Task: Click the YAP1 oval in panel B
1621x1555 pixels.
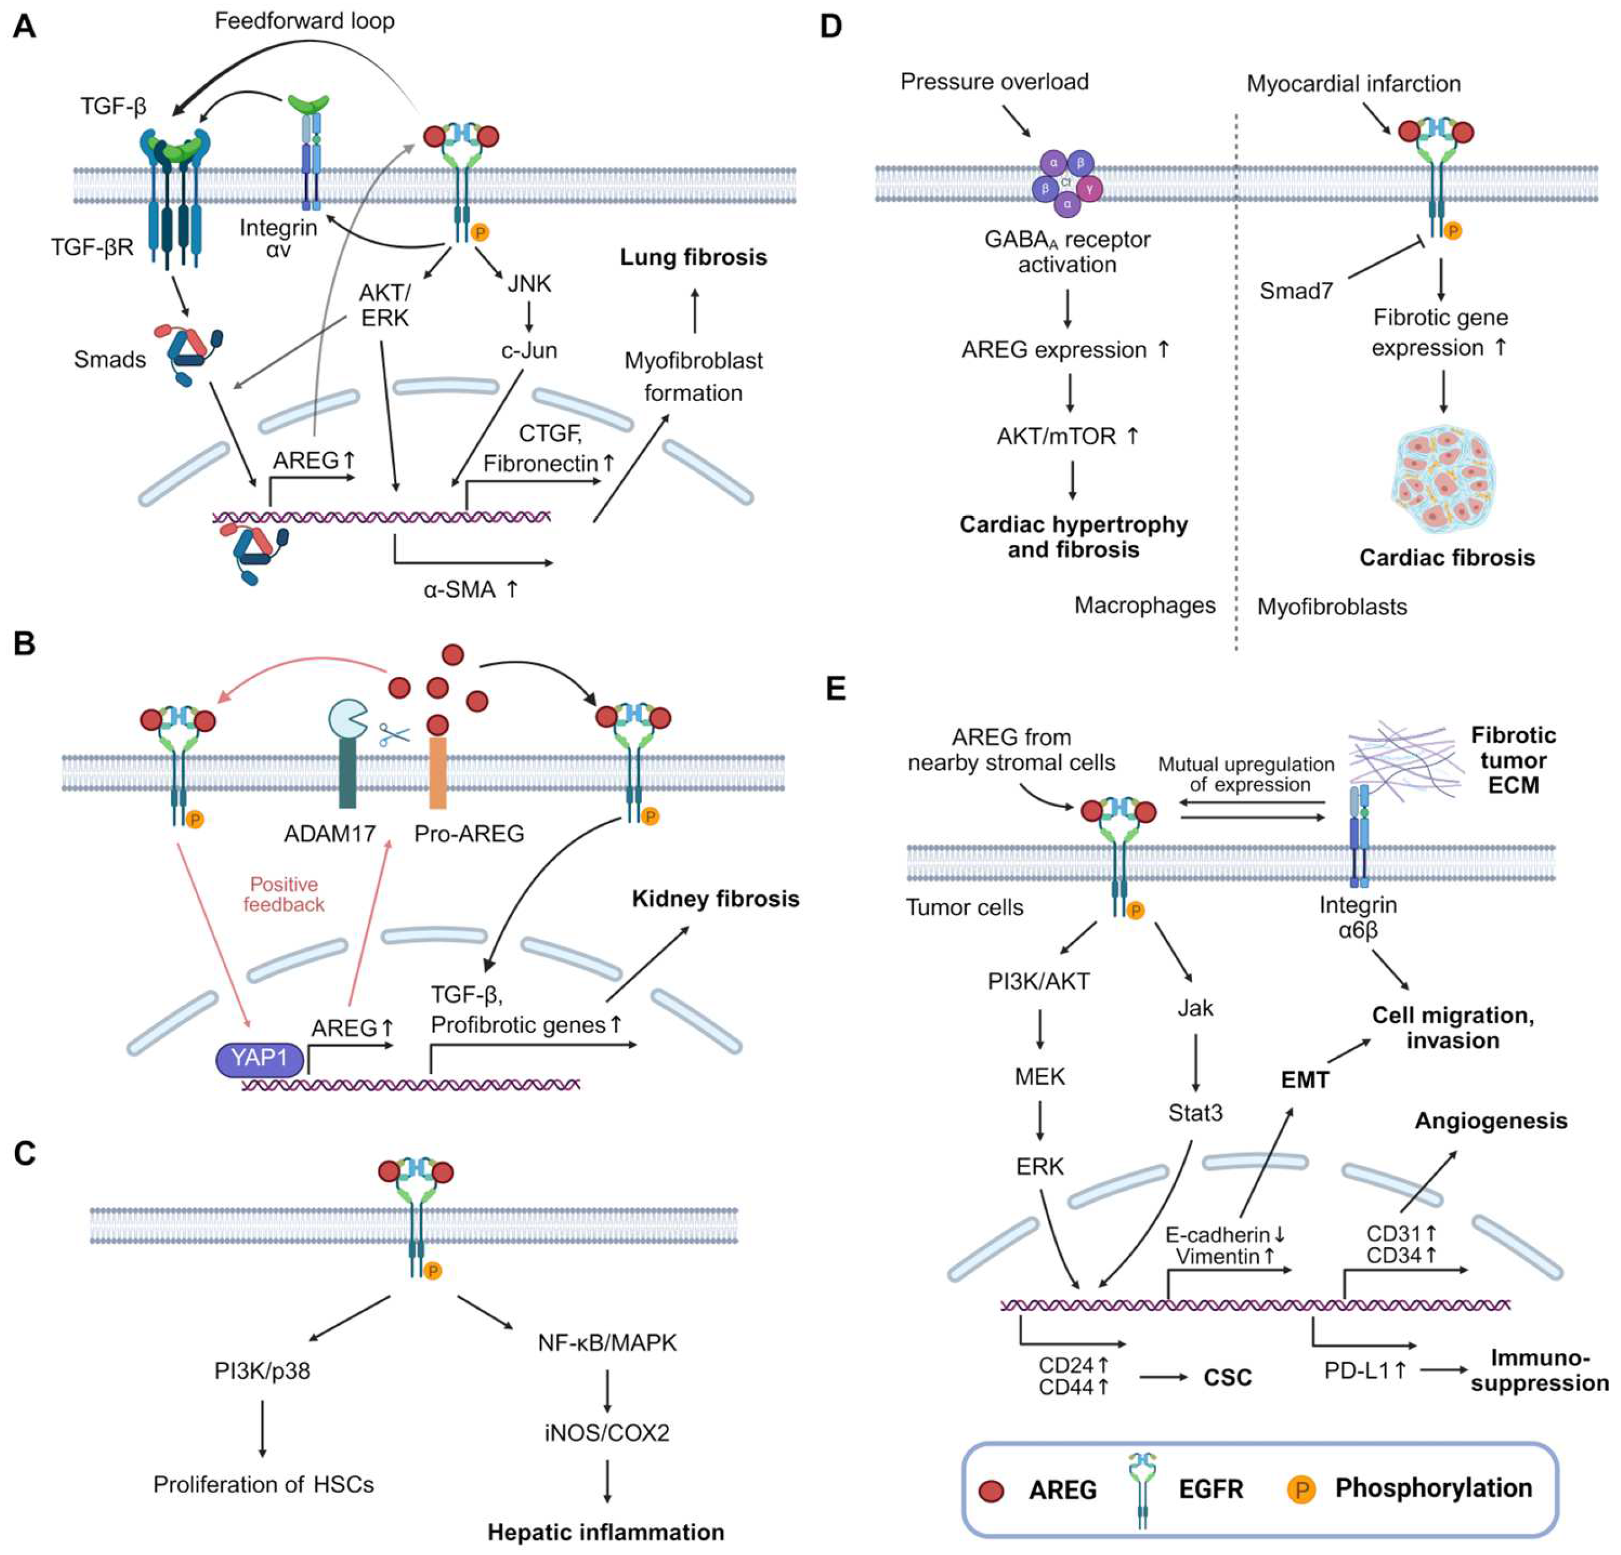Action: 258,1059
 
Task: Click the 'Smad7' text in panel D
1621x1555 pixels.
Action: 1295,291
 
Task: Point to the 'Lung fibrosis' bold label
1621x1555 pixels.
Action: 693,257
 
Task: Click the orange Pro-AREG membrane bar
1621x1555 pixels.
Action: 438,772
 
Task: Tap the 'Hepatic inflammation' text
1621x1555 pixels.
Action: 605,1532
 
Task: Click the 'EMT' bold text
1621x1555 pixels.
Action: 1304,1080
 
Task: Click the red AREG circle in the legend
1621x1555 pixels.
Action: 991,1491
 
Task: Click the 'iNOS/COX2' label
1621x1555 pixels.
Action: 606,1432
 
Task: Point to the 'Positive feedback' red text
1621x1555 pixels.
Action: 284,894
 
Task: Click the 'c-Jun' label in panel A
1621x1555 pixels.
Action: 529,350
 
